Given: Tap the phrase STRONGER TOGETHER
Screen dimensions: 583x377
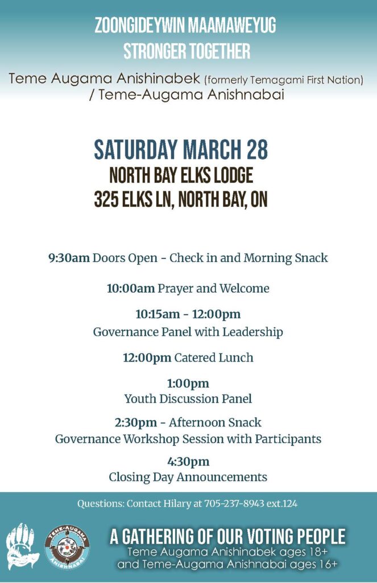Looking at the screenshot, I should (187, 51).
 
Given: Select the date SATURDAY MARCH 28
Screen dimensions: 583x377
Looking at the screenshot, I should (180, 150).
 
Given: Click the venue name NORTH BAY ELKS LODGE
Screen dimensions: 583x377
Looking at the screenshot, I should (181, 175).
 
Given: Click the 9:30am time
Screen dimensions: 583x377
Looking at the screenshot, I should (69, 258).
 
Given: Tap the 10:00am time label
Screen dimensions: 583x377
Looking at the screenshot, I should (130, 289).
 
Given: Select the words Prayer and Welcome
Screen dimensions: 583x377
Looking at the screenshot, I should (213, 289).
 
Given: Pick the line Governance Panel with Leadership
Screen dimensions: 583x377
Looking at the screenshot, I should (188, 332).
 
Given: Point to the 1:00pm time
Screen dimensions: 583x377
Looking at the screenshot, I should (188, 384).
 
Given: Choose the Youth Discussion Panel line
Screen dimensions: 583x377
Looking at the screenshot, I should (188, 399).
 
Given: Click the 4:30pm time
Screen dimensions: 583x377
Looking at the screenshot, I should (188, 462).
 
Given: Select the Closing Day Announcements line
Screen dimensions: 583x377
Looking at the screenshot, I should (188, 477).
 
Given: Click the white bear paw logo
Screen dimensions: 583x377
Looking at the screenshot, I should (22, 547).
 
